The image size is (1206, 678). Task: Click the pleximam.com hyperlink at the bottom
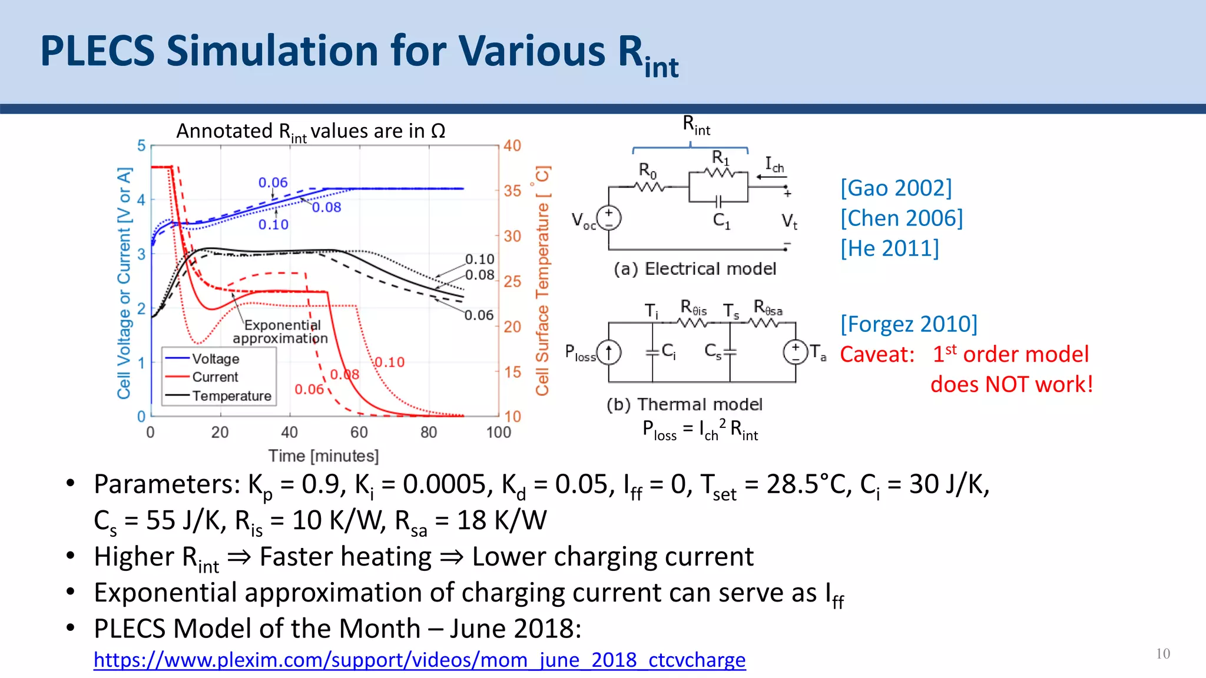(419, 660)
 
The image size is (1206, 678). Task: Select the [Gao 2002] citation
(896, 188)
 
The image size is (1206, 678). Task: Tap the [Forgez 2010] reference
(908, 324)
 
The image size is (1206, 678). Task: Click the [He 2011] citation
(889, 248)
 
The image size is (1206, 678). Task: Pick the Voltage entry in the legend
(215, 359)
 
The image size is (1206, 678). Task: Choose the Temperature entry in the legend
(231, 396)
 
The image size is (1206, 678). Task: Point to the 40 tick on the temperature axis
(512, 145)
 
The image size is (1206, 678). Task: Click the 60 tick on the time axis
(359, 433)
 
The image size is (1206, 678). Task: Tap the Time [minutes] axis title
(323, 456)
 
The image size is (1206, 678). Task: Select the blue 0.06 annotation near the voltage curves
(273, 183)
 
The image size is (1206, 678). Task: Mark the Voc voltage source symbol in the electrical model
(609, 218)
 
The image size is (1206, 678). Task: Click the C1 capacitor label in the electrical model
(721, 221)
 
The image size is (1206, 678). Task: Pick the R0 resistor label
(647, 171)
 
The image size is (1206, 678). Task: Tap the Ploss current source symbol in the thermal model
(609, 353)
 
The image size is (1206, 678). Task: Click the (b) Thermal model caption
(684, 404)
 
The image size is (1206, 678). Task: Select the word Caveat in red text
(876, 354)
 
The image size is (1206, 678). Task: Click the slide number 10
(1162, 654)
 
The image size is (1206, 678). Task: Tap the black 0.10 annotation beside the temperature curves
(479, 260)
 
